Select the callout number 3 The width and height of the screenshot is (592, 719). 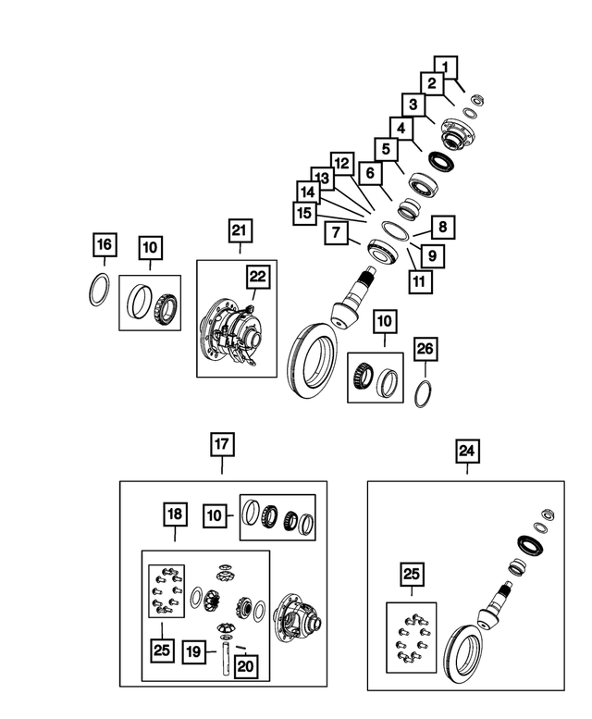tap(413, 104)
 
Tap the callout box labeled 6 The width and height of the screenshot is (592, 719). tap(370, 172)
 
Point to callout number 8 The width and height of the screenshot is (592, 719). tap(442, 226)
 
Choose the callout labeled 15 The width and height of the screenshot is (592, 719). tap(303, 213)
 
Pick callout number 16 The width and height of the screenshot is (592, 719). tap(105, 245)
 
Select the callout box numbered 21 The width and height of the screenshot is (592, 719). tap(240, 230)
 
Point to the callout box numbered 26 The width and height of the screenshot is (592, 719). tap(424, 349)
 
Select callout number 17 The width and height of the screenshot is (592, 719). tap(222, 445)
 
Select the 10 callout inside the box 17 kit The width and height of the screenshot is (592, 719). tap(214, 516)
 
